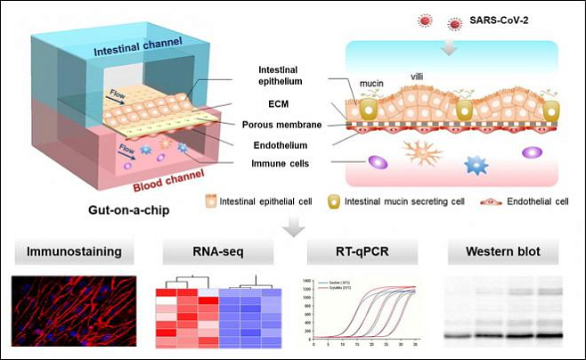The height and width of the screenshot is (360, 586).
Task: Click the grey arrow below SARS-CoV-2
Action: coord(451,46)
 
